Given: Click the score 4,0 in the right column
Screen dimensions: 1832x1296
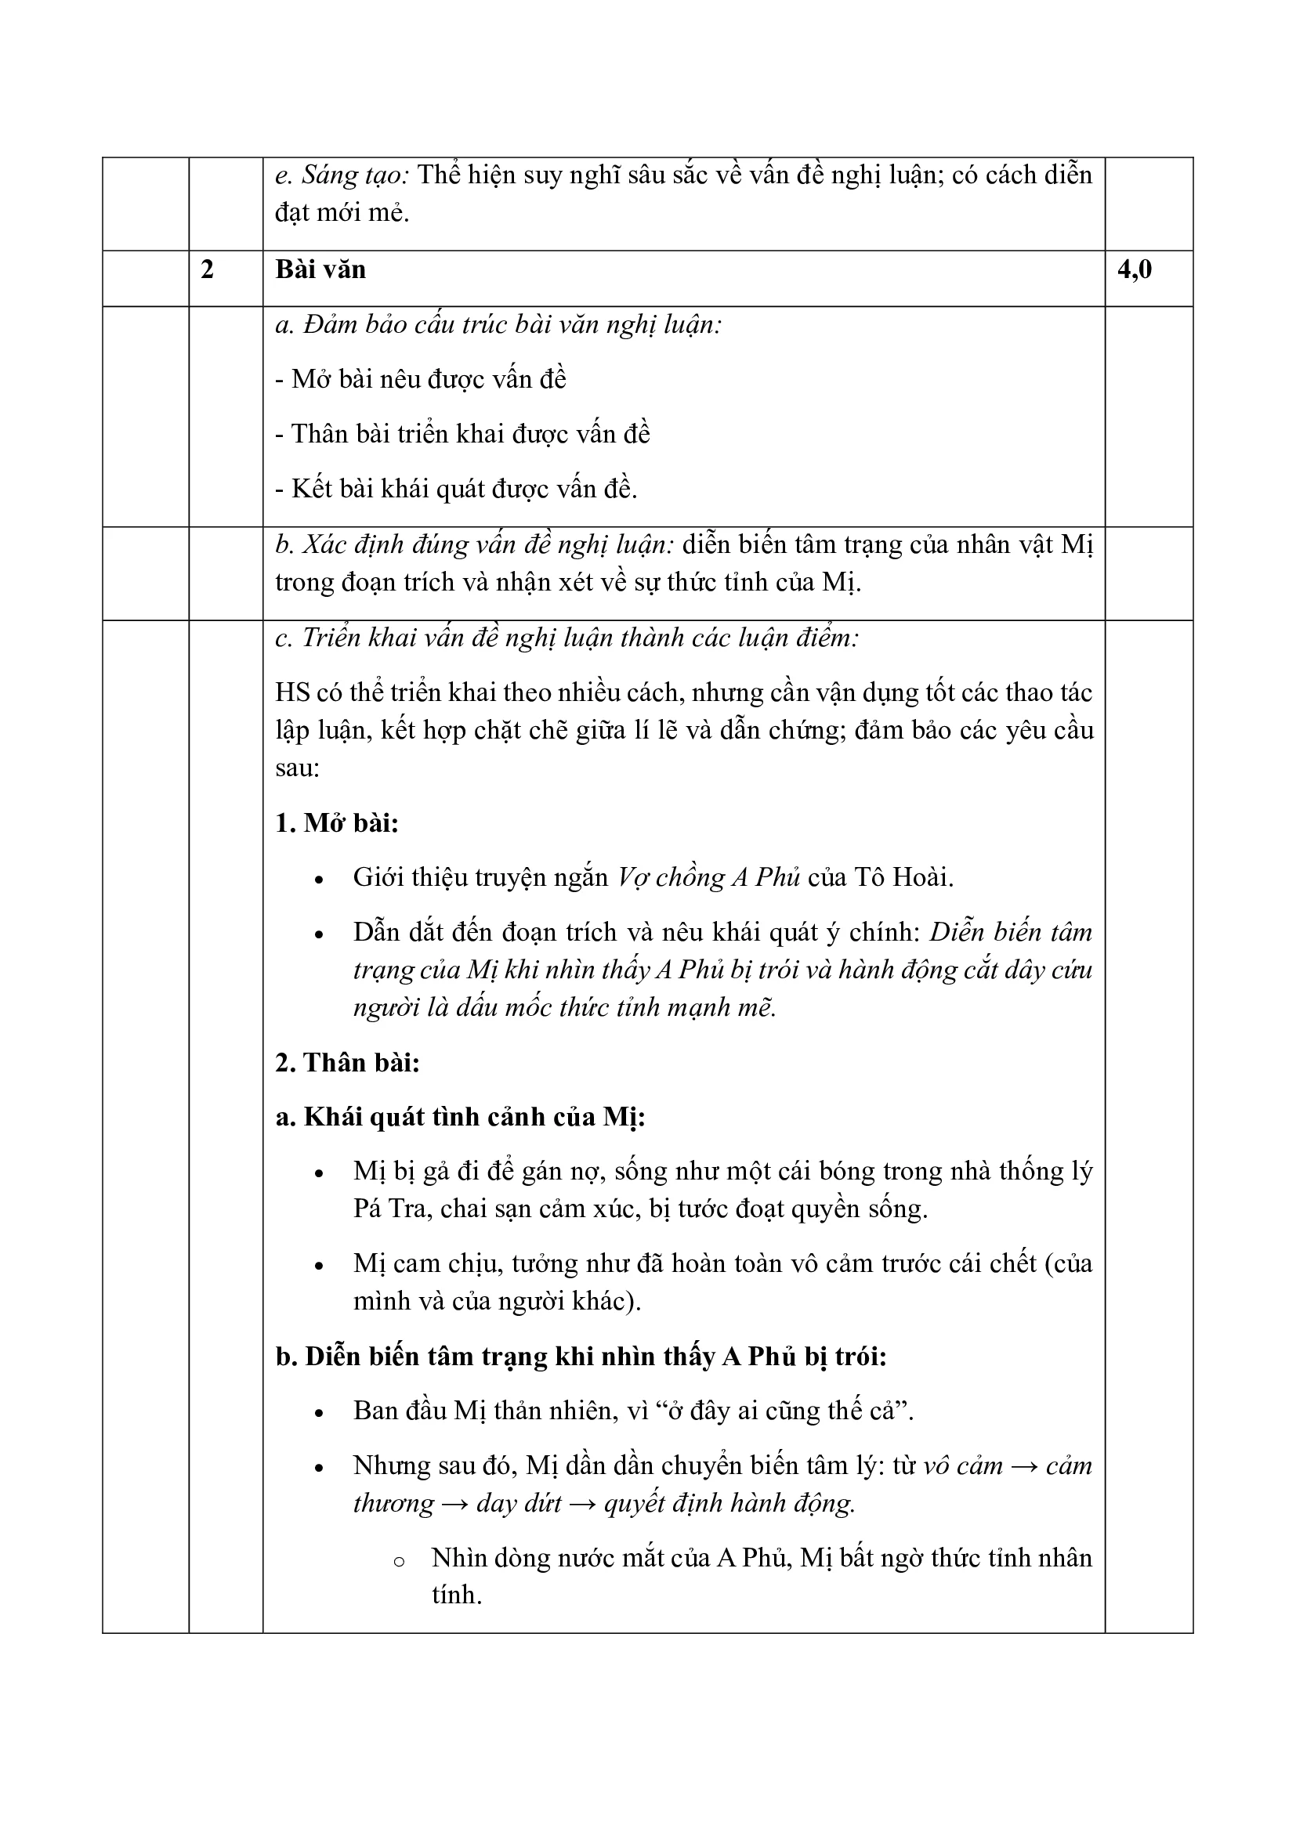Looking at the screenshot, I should [x=1134, y=270].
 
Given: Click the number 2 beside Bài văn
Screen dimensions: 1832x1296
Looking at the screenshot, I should [x=208, y=270].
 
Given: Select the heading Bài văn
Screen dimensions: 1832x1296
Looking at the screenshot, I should [x=320, y=270].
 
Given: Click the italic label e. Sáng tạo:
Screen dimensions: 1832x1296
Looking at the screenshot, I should [x=342, y=175].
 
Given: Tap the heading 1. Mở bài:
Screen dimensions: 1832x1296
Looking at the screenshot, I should [x=337, y=822].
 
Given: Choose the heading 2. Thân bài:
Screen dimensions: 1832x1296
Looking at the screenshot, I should [x=347, y=1063].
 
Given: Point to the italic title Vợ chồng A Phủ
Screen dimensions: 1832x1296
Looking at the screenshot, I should [x=708, y=878].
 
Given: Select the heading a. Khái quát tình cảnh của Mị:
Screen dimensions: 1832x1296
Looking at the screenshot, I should [x=461, y=1117].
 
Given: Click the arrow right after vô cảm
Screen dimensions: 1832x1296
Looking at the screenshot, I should [x=1024, y=1465].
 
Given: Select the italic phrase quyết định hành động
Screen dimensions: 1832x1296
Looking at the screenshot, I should [x=729, y=1503].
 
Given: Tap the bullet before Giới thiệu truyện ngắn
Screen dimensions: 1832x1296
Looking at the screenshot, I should [x=319, y=880].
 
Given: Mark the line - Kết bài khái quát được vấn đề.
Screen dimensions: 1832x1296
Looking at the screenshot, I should [x=456, y=488].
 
